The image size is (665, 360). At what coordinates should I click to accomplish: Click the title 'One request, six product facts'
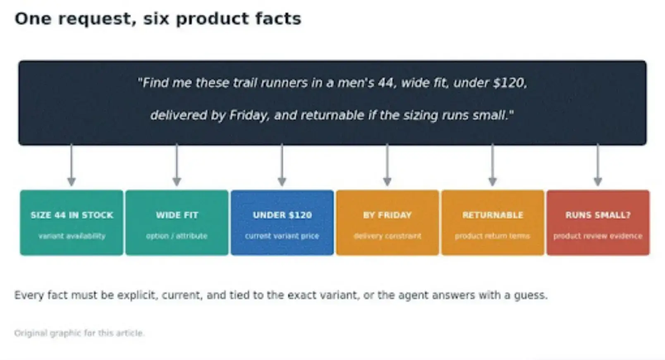[158, 19]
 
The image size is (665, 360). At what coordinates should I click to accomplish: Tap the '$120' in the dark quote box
[510, 83]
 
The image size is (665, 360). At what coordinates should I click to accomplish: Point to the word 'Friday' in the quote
[249, 115]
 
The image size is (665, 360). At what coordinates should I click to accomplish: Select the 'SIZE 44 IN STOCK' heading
[72, 215]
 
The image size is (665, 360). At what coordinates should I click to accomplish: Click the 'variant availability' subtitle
[72, 236]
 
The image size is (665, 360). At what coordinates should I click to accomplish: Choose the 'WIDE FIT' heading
[177, 215]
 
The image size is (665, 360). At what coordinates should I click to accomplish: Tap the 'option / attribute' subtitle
[177, 236]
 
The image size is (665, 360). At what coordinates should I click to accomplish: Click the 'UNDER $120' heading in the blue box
[282, 215]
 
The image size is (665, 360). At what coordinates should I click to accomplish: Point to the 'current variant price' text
[282, 236]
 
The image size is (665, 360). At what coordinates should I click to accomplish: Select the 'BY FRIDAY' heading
[388, 215]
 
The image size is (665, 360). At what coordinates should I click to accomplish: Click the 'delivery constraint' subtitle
[388, 236]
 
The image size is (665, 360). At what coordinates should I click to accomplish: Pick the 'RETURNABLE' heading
[493, 215]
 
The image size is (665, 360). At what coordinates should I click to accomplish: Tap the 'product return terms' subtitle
[493, 236]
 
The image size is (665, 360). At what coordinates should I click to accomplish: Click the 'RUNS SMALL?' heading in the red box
[598, 215]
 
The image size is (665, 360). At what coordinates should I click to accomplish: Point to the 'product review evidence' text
[598, 236]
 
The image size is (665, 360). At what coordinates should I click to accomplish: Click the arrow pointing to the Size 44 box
[72, 165]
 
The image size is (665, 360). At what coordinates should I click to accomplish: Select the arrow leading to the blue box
[282, 165]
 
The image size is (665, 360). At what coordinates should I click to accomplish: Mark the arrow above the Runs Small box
[598, 165]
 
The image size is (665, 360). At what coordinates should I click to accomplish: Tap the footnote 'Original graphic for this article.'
[79, 333]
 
